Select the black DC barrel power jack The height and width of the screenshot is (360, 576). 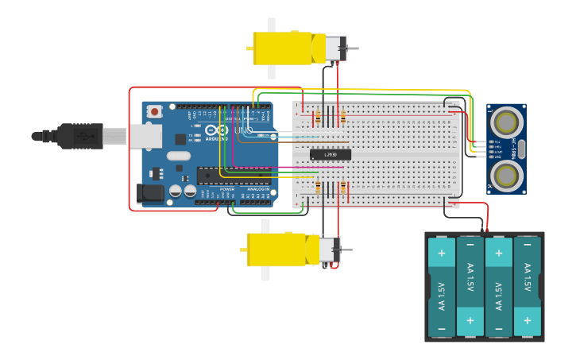[150, 193]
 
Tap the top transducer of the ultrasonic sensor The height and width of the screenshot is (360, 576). [506, 122]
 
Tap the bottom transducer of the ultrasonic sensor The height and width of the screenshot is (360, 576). [506, 175]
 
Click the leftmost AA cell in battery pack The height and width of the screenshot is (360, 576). [442, 287]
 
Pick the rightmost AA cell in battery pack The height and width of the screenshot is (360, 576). [527, 287]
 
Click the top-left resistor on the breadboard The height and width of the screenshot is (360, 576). [318, 118]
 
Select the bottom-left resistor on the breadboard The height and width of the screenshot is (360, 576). [318, 188]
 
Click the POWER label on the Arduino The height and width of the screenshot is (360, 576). [226, 188]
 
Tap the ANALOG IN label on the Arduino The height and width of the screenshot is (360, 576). [257, 188]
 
